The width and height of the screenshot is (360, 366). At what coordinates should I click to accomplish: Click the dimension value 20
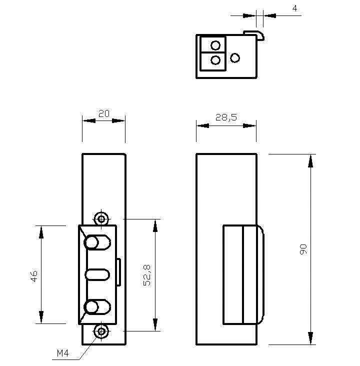(x=103, y=113)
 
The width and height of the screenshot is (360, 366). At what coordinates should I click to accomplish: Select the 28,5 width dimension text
(x=226, y=117)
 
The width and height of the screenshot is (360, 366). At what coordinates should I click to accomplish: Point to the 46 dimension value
(x=34, y=276)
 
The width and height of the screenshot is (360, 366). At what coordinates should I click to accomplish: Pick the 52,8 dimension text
(x=147, y=275)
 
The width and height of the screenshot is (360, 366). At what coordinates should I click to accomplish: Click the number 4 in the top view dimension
(x=294, y=8)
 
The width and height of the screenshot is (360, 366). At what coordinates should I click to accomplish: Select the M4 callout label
(x=62, y=353)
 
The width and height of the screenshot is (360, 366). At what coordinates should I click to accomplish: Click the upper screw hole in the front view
(x=102, y=218)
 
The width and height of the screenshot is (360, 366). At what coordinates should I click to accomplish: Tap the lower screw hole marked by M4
(x=102, y=331)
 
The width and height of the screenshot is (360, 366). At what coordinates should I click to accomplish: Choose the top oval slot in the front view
(x=97, y=243)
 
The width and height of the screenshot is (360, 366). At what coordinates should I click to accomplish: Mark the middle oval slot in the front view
(x=97, y=274)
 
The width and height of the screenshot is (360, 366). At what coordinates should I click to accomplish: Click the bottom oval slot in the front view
(x=97, y=307)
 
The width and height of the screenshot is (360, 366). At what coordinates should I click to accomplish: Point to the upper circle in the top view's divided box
(x=215, y=45)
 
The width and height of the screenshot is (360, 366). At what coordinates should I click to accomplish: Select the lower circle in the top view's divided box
(x=215, y=60)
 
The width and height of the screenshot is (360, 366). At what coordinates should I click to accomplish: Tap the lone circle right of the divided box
(x=235, y=58)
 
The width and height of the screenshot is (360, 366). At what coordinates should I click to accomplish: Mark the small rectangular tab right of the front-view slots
(x=118, y=272)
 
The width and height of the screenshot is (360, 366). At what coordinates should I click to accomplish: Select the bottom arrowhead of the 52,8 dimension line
(x=155, y=324)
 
